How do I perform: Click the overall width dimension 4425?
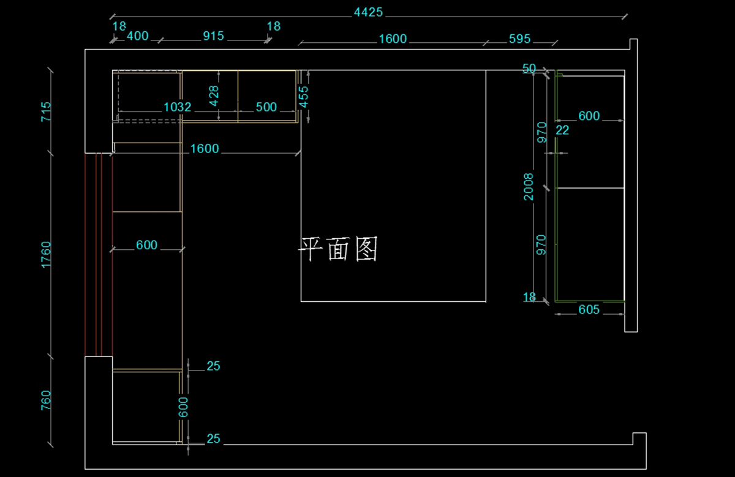click(x=368, y=12)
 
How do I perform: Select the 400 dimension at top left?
click(x=137, y=36)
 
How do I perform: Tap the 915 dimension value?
click(x=213, y=36)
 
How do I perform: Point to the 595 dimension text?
click(x=519, y=39)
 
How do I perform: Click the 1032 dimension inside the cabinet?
click(x=178, y=107)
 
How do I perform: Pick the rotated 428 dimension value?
click(x=214, y=96)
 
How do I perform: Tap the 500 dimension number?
click(x=266, y=107)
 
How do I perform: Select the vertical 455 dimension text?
click(x=304, y=96)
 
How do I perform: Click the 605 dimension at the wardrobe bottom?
click(x=589, y=310)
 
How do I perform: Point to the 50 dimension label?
click(x=529, y=68)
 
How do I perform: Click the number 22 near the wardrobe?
click(x=562, y=130)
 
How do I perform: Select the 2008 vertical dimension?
click(x=529, y=187)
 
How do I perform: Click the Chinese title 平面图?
click(x=338, y=249)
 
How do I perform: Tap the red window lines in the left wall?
click(x=98, y=254)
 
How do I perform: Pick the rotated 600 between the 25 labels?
click(x=183, y=407)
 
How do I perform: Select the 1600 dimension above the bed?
click(x=393, y=39)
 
